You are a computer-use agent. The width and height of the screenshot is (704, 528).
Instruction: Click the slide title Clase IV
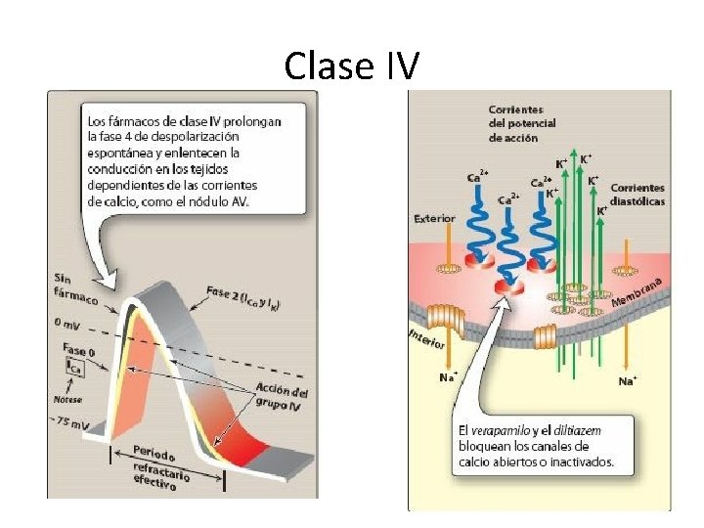(x=352, y=66)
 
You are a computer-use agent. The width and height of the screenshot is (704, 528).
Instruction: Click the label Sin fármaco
(x=76, y=288)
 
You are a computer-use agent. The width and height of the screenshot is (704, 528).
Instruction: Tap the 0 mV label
(x=66, y=323)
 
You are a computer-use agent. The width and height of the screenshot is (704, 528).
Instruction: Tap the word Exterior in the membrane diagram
(x=434, y=218)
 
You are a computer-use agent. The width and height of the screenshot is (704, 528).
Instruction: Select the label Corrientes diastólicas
(x=638, y=194)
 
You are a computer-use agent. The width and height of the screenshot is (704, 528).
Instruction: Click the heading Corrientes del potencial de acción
(x=522, y=123)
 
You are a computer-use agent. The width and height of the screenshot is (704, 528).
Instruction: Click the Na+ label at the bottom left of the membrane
(x=449, y=376)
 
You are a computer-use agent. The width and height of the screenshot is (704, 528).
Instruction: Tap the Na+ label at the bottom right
(x=627, y=380)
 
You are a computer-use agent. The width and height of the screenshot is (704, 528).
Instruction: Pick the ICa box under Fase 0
(x=73, y=366)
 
